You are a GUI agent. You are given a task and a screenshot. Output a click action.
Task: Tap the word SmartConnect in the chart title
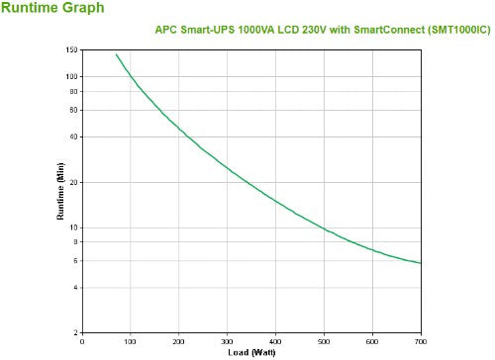[x=359, y=30]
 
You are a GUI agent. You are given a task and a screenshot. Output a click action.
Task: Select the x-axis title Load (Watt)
[x=250, y=353]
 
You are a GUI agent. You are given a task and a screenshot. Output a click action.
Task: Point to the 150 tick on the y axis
[x=72, y=49]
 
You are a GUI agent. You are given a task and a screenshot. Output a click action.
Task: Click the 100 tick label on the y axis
[x=72, y=76]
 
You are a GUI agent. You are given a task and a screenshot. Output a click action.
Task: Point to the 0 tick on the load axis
[x=82, y=342]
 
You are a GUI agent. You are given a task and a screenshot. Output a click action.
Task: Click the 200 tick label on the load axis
[x=179, y=342]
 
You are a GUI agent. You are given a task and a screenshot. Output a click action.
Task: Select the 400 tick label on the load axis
[x=276, y=342]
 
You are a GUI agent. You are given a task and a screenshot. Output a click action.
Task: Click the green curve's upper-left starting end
[x=116, y=54]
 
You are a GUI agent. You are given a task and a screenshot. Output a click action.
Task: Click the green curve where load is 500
[x=325, y=229]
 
